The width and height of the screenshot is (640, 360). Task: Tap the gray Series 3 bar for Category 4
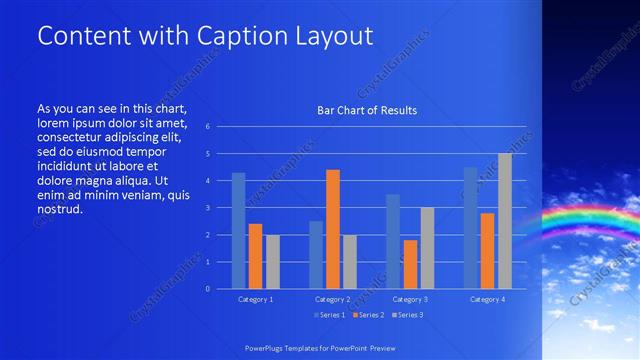(x=504, y=221)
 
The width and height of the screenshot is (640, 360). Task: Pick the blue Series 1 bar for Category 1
(x=238, y=231)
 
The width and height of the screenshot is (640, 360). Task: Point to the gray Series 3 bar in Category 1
(x=273, y=262)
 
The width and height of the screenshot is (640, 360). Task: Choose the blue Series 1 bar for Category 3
(x=393, y=241)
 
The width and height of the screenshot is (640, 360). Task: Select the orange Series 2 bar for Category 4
(x=487, y=251)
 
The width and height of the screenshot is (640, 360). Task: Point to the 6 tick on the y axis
(x=207, y=127)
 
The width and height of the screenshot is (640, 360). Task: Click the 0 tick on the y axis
(x=207, y=289)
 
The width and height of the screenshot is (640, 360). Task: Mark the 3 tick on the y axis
(x=207, y=208)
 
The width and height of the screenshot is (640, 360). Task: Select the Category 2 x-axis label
(x=332, y=299)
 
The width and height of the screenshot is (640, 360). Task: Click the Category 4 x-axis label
(x=486, y=299)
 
